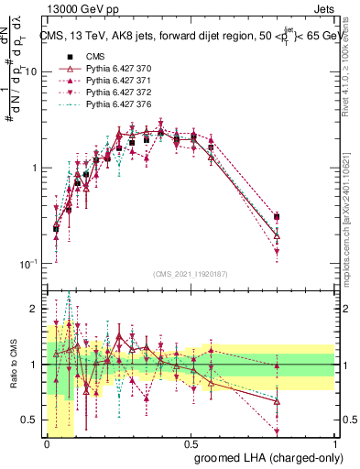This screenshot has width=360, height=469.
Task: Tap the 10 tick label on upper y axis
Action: (x=28, y=71)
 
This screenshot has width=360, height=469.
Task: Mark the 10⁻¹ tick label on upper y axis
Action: (x=27, y=264)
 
